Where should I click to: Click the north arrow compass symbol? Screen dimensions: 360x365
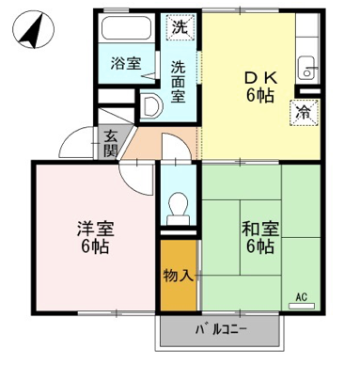coord(34,29)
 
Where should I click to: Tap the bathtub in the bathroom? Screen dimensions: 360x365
coord(127,27)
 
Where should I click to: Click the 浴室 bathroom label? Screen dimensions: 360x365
coord(126,64)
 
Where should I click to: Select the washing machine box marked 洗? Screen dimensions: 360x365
coord(180,27)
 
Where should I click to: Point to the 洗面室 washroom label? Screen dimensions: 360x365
coord(178,82)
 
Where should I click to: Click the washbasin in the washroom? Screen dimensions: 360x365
coord(151,106)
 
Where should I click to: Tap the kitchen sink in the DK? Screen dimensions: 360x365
coord(306,68)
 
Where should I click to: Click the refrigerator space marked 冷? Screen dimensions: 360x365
coord(305,113)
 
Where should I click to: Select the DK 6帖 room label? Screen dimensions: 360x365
coord(260,87)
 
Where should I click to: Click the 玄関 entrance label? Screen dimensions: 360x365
coord(111,143)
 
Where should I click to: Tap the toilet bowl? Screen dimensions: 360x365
coord(178,209)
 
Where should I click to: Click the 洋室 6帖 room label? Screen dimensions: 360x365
coord(95,238)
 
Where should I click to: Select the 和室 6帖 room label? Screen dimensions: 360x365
coord(260,238)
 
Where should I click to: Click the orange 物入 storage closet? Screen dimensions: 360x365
coord(179,275)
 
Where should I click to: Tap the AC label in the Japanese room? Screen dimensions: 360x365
coord(301,296)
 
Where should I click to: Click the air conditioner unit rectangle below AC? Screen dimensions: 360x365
coord(301,306)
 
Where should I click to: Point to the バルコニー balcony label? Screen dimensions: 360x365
coord(222,330)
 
